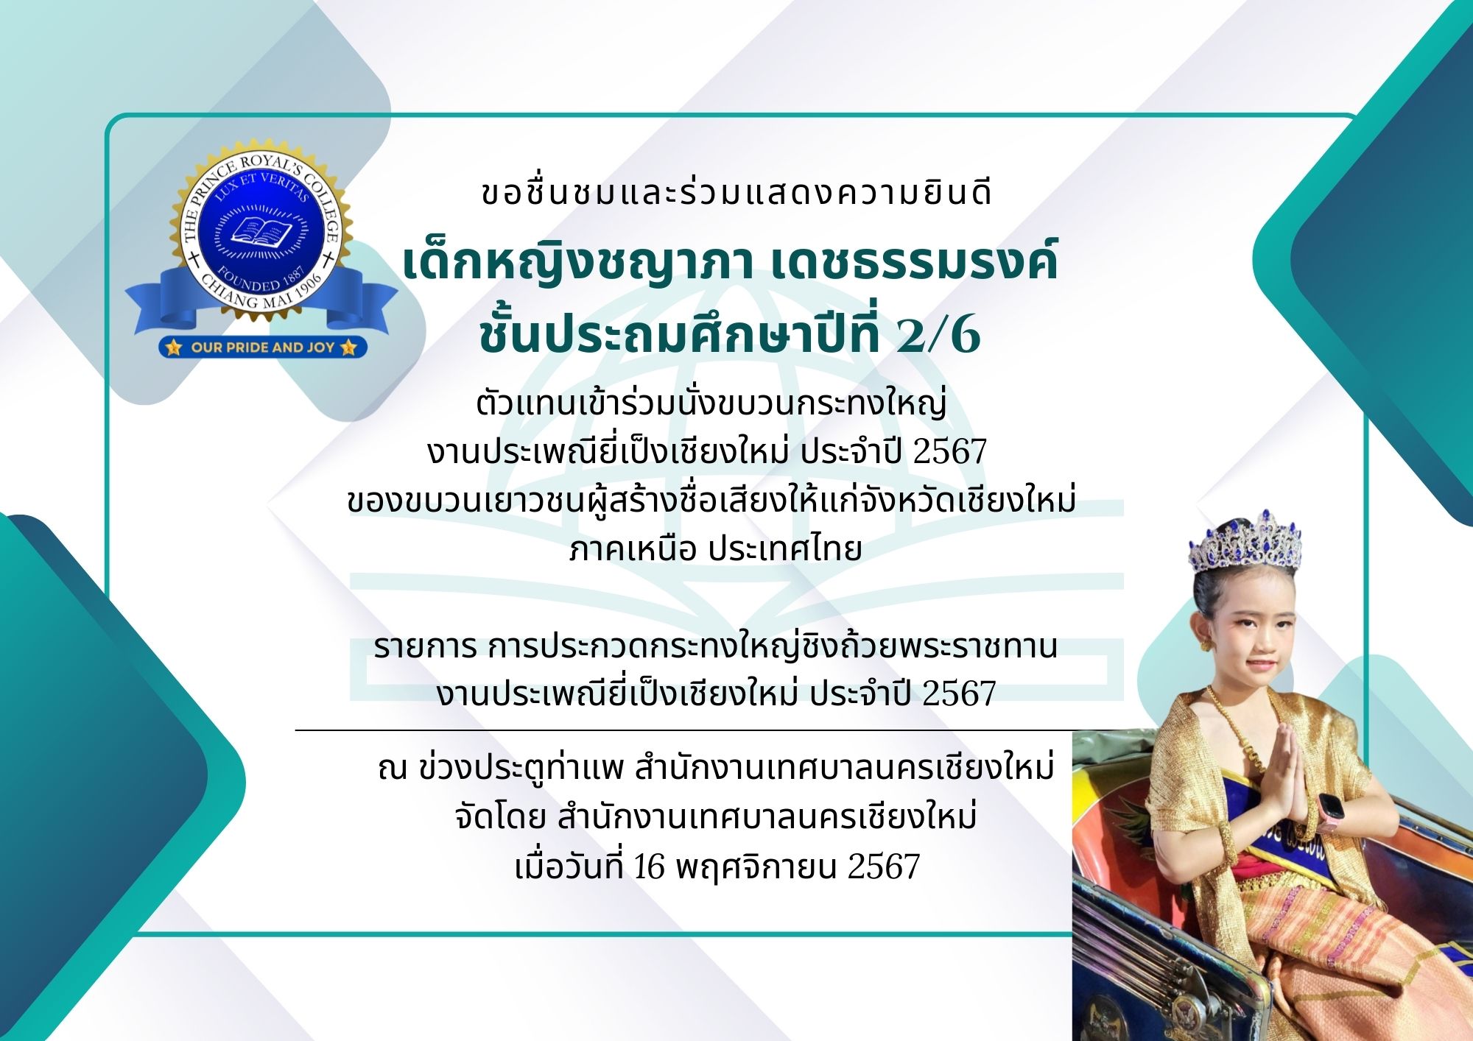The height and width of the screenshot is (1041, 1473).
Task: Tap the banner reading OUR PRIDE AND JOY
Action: (262, 347)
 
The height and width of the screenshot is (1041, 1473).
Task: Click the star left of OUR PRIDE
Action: (174, 347)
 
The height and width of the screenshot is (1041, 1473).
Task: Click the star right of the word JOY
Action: (349, 347)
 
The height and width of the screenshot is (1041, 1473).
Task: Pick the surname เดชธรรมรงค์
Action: (914, 259)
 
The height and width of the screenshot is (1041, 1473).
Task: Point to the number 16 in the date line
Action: (649, 867)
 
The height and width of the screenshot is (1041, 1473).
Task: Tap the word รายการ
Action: (426, 647)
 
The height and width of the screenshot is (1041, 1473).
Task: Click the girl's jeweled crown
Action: (1245, 543)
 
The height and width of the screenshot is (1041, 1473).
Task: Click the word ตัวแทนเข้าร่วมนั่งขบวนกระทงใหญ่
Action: (711, 403)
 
